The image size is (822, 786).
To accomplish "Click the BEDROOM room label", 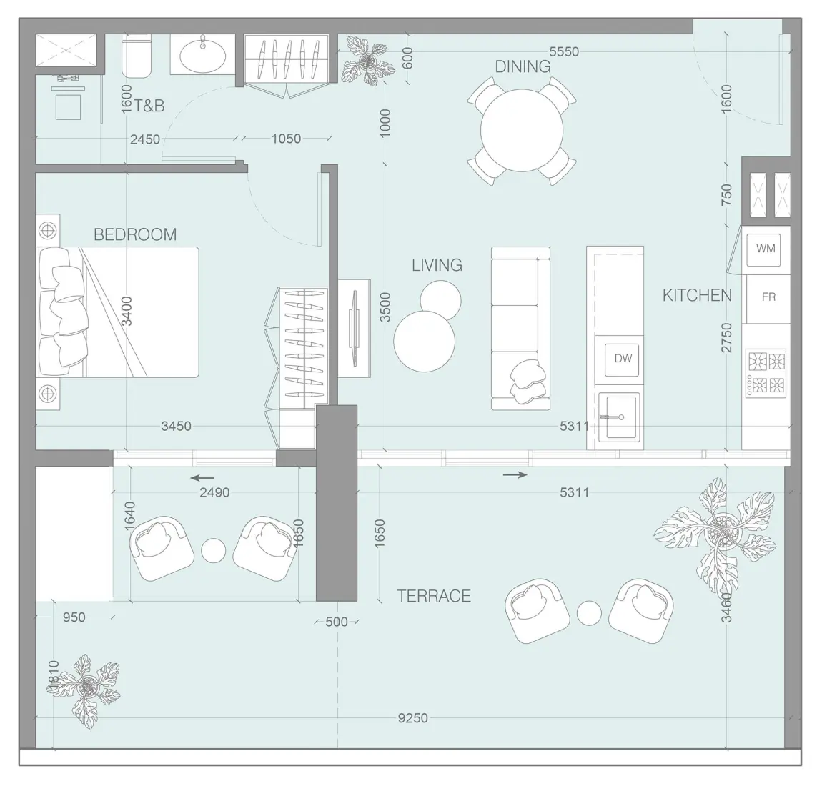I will pos(135,234).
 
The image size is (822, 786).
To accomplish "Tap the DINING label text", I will pos(523,66).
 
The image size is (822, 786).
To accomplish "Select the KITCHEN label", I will pos(697,295).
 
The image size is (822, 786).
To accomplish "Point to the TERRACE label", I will pos(434,596).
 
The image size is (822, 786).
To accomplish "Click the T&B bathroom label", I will pos(149,106).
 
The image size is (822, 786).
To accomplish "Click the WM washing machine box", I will pos(766,249).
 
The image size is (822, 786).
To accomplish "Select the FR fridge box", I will pos(768,297).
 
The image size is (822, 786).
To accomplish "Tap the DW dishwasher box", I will pos(623,358).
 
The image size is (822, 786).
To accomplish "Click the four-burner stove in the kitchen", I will pos(766,372).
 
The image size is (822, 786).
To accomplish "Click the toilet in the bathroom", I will pos(137,56).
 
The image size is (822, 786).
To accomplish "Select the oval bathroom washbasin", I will pos(202,54).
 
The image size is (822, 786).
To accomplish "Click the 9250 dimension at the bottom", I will pos(412,717).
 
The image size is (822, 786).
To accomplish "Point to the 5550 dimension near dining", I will pos(564,51).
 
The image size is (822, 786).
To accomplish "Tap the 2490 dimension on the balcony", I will pos(214,492).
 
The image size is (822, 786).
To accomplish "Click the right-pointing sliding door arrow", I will pos(515,474).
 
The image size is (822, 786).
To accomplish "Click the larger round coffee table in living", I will pos(424,341).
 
